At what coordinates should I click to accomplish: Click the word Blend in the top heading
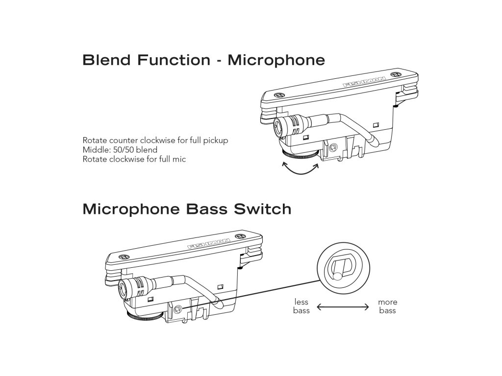[106, 60]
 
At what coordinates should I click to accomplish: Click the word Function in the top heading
[174, 60]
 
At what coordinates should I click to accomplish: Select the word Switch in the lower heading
[263, 209]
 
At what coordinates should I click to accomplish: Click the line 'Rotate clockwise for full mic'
[134, 159]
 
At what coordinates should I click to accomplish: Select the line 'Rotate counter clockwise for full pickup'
[155, 141]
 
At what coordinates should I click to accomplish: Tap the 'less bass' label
[301, 306]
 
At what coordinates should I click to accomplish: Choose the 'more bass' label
[387, 306]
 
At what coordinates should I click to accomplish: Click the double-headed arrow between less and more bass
[343, 307]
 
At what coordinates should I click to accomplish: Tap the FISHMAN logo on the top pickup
[365, 82]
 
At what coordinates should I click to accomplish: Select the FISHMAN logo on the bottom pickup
[209, 244]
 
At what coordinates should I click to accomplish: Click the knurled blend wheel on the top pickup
[301, 155]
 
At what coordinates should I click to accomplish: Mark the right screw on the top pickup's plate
[398, 74]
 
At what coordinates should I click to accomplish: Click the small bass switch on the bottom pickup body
[178, 309]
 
